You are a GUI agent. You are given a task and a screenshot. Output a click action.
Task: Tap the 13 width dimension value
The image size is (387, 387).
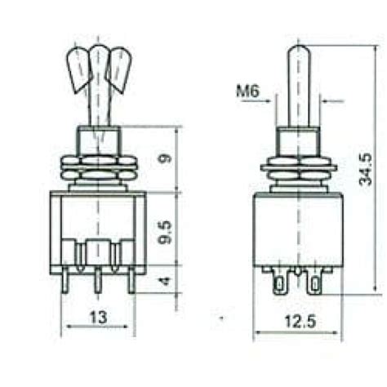97,316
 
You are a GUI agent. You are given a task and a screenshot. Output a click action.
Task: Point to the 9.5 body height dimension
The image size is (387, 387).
167,229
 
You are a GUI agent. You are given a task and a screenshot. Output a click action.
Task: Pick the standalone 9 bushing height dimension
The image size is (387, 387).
167,159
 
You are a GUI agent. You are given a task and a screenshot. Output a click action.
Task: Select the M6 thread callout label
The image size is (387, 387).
248,92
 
